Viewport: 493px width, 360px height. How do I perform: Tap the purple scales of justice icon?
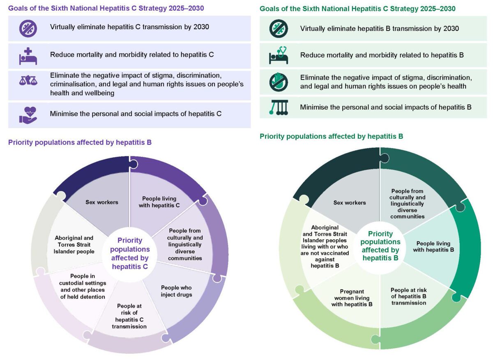[x=28, y=81]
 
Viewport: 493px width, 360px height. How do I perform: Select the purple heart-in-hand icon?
[x=28, y=114]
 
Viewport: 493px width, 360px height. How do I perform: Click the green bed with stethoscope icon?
[x=279, y=55]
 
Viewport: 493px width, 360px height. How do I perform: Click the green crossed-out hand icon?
[x=279, y=81]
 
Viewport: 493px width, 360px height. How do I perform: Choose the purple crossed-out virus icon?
[x=28, y=28]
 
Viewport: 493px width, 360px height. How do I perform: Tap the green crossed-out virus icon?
[x=279, y=29]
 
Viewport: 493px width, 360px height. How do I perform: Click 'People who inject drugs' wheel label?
[x=176, y=291]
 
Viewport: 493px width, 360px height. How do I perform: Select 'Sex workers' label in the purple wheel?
[x=101, y=202]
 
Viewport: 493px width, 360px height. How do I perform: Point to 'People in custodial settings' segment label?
[x=88, y=286]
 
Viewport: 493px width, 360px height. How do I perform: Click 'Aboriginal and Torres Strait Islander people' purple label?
[x=74, y=245]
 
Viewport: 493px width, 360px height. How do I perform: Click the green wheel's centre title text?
[x=380, y=246]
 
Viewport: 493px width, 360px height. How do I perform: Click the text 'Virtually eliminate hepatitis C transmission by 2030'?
[x=129, y=28]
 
